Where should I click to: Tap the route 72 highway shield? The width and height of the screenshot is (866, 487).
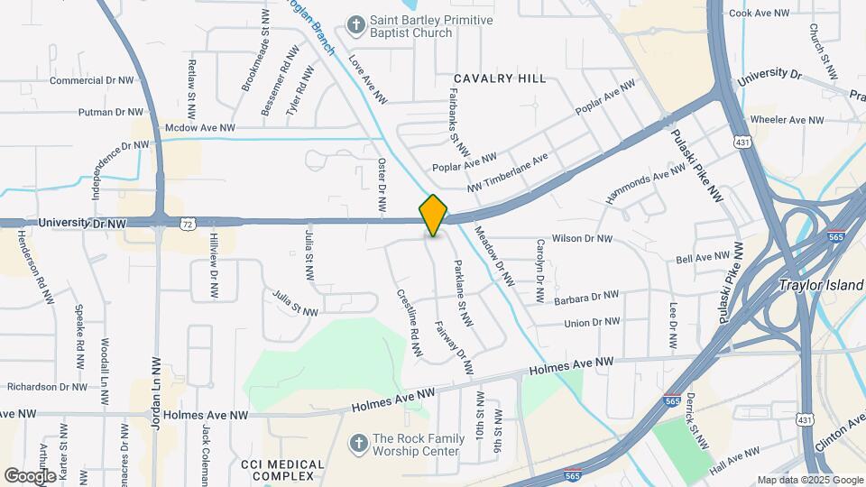click(x=187, y=222)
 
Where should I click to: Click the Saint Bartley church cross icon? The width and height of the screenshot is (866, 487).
click(x=357, y=26)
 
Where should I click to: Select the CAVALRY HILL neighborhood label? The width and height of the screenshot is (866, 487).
click(x=500, y=79)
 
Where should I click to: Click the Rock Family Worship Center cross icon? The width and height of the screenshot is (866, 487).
click(x=357, y=443)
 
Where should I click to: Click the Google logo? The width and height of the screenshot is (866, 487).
click(x=30, y=475)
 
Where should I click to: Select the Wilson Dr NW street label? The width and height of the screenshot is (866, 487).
click(x=582, y=239)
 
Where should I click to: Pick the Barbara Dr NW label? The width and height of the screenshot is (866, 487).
click(x=586, y=296)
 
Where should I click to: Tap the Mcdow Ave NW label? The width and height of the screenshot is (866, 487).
click(x=199, y=129)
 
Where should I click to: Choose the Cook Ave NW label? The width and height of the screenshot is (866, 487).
click(x=759, y=14)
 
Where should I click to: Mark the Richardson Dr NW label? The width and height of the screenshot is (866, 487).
click(x=47, y=387)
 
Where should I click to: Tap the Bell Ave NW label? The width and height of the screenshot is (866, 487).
click(x=703, y=258)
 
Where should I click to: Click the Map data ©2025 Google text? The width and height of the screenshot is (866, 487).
click(x=809, y=480)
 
